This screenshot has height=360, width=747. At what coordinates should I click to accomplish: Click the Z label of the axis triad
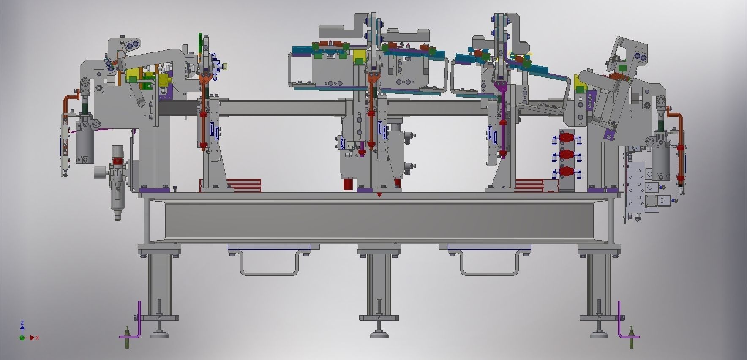pos(22,322)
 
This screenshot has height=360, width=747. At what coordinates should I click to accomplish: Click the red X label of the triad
pos(38,338)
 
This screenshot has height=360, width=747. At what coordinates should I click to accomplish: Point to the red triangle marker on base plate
pos(379,195)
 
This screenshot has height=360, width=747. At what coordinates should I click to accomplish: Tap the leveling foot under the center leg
pos(379,334)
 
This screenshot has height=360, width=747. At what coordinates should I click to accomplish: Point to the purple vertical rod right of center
pos(502,123)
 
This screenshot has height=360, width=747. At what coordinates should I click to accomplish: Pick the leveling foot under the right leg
pos(600,334)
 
